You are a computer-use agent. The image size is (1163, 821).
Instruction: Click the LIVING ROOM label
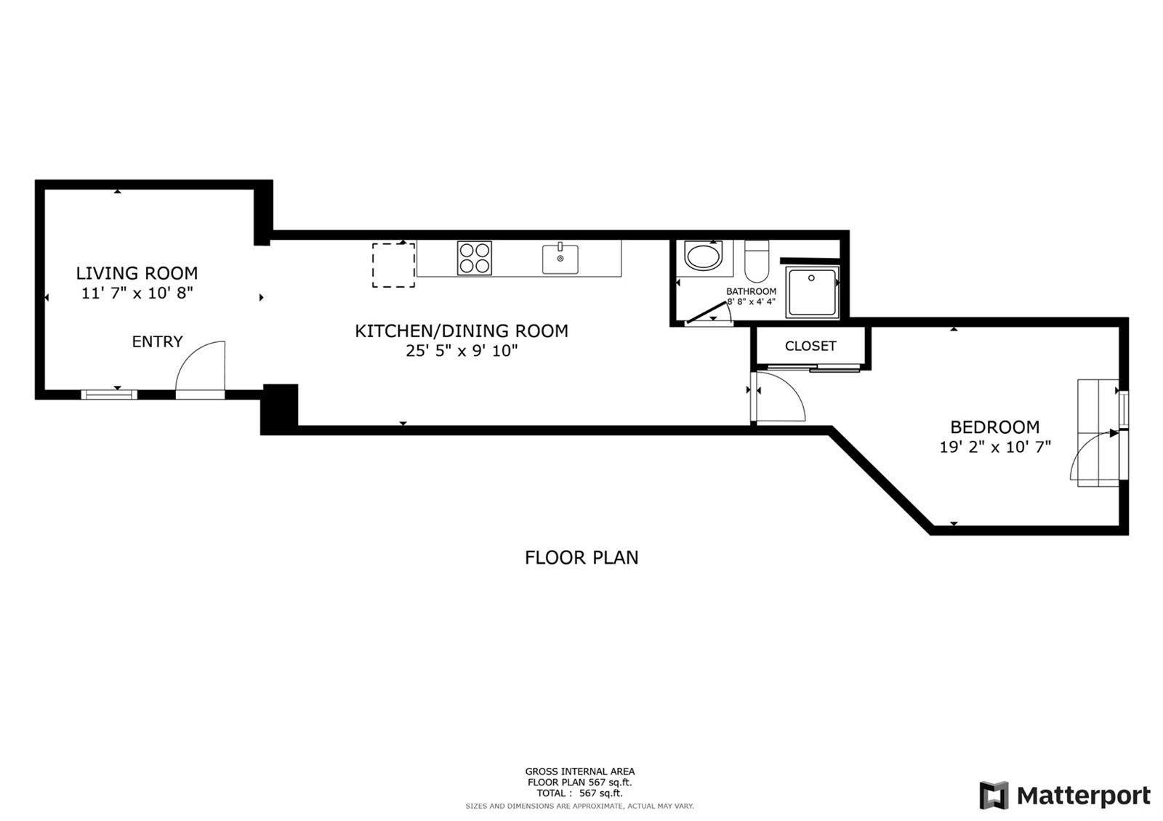pos(137,273)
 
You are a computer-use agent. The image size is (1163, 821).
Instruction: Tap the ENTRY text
pos(157,341)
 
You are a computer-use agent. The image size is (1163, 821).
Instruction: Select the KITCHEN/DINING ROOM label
pos(462,331)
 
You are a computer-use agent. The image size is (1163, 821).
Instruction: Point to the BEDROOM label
pos(995,427)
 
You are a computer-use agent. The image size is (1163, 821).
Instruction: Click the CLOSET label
pos(810,346)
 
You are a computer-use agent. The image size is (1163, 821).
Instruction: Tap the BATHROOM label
pos(751,291)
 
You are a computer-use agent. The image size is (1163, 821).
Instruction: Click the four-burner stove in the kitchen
pos(475,258)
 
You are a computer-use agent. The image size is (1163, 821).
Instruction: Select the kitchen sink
pos(560,258)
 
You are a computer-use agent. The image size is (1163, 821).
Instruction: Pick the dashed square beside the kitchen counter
pos(393,265)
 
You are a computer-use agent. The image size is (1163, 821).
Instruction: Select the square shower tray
pos(811,292)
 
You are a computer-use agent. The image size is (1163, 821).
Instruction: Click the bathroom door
pos(708,312)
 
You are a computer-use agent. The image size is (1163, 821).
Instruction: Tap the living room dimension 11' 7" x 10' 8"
pos(137,294)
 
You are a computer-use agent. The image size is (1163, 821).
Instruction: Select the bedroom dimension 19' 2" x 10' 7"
pos(995,447)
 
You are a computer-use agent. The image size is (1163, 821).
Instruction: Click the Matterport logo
pos(1065,795)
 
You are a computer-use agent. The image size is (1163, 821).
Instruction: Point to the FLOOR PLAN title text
pos(581,558)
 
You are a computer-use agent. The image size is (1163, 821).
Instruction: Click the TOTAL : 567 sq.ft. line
pos(580,793)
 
